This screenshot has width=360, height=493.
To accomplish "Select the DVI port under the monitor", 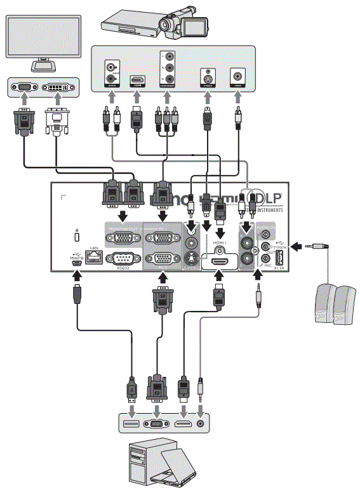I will pyautogui.click(x=58, y=88).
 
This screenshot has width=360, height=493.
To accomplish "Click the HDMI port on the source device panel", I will pyautogui.click(x=137, y=80).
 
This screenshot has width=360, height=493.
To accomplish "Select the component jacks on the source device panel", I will pyautogui.click(x=168, y=70).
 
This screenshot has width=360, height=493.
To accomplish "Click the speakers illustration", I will pyautogui.click(x=336, y=303).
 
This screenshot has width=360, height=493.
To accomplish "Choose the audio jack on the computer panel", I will pyautogui.click(x=201, y=424).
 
